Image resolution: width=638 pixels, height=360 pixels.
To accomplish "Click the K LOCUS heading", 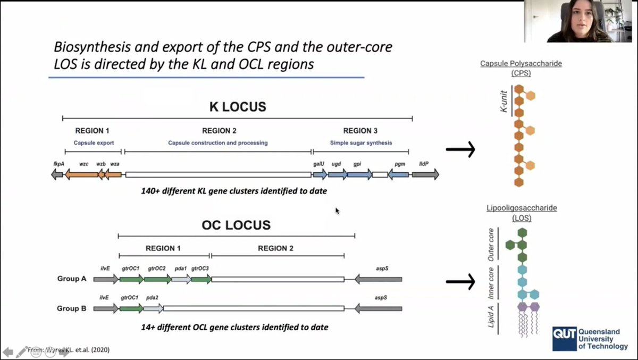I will (237, 107).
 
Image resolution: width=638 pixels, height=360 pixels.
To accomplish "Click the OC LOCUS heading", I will (236, 225).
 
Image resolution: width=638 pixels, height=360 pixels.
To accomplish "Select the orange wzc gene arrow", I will (82, 174).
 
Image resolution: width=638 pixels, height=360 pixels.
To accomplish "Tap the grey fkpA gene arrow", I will (57, 174).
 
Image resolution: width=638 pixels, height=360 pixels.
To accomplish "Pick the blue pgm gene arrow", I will (398, 174).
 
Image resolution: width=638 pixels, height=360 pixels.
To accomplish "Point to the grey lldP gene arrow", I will (425, 174).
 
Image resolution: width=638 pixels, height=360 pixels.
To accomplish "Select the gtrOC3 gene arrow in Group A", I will (202, 279).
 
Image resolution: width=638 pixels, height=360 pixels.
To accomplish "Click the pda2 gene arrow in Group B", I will (154, 308).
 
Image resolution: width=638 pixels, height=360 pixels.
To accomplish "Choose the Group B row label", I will (72, 308).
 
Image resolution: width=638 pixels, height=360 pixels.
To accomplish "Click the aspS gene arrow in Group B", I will (378, 308).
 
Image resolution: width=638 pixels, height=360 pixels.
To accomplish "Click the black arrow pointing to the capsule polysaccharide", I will (460, 150).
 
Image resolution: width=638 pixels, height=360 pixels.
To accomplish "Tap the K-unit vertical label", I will (503, 102).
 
